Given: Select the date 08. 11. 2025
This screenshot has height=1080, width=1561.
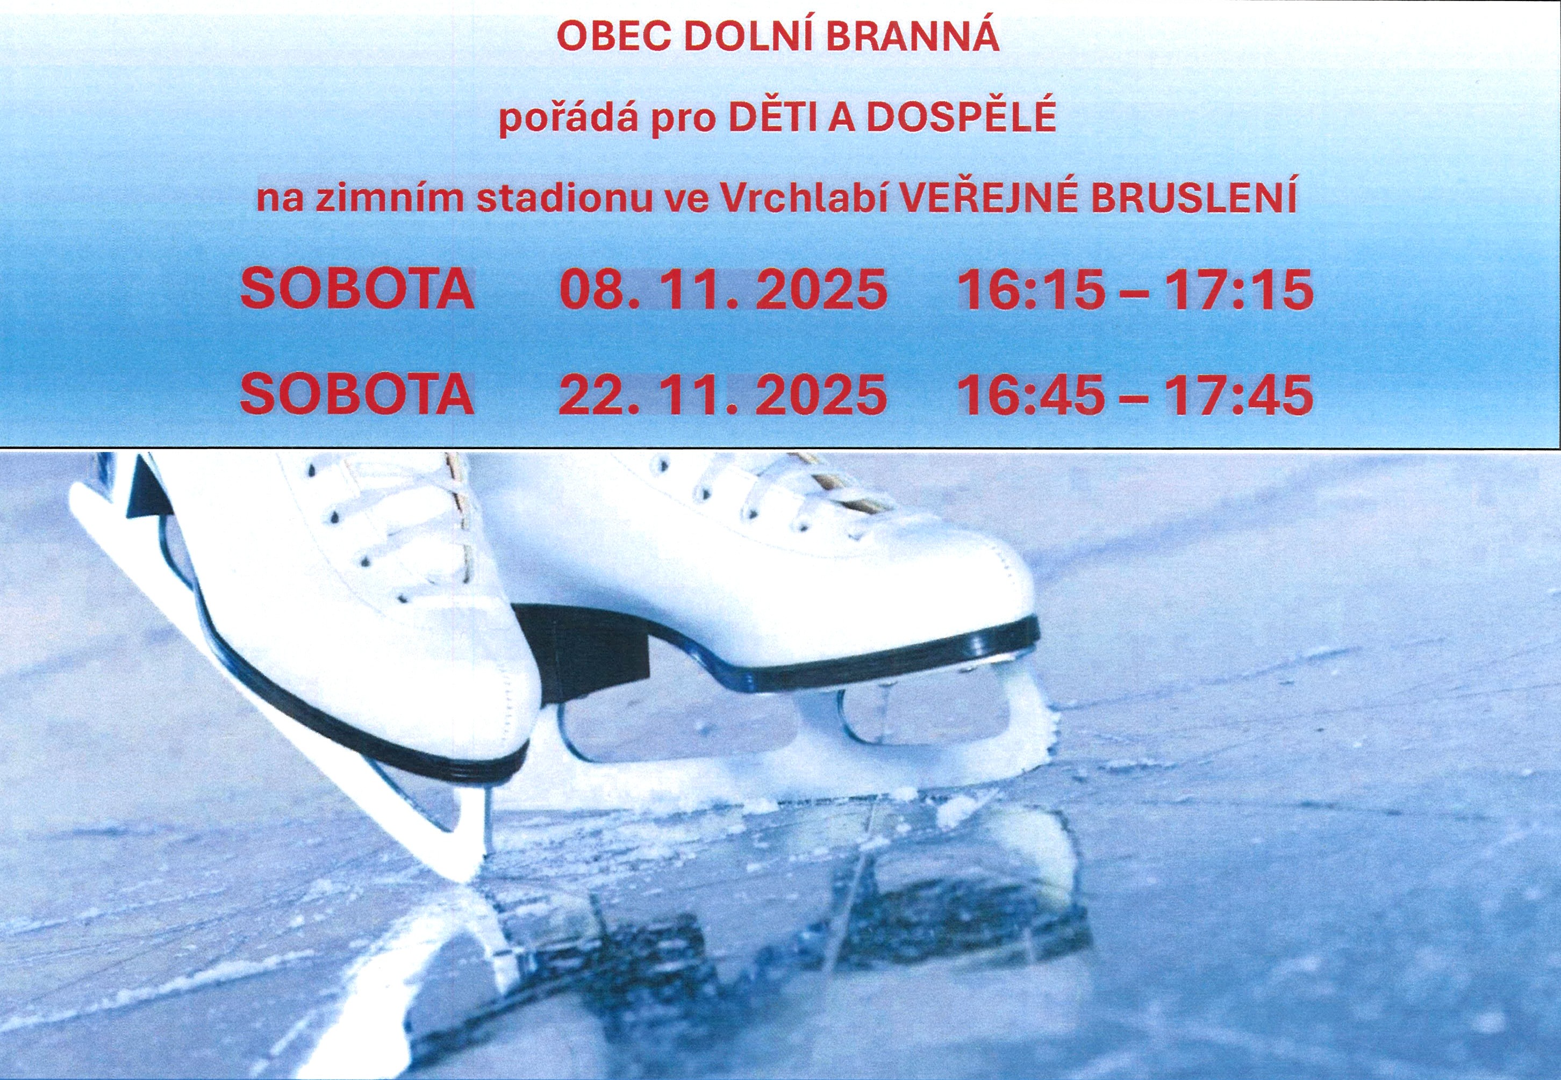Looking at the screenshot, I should click(722, 290).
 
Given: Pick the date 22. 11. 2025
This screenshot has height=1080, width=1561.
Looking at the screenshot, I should click(722, 394).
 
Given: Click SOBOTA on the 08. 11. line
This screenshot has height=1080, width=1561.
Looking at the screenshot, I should click(357, 290).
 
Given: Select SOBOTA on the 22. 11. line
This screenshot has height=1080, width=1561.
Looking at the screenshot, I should click(357, 394).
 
